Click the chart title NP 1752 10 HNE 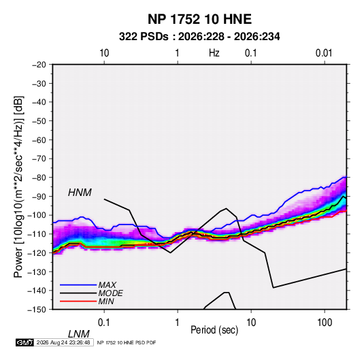199,19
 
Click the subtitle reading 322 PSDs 144,37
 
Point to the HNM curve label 80,193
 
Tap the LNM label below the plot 79,334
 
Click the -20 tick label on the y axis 39,65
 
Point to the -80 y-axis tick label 39,178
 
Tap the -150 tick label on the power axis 37,310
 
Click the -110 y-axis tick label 37,234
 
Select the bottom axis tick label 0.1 104,323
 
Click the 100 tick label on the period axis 325,323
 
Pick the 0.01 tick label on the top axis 324,53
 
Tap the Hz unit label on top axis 214,53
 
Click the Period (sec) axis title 214,330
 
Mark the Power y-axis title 18,187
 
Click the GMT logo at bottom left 25,342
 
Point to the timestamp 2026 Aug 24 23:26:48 63,342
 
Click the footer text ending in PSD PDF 127,342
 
